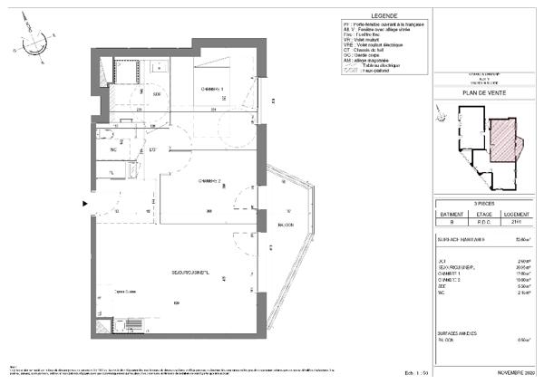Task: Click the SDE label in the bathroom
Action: point(156,93)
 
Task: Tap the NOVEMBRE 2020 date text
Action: point(517,372)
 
